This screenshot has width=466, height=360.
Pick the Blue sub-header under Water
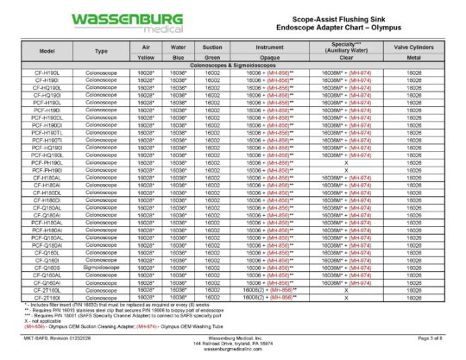[179, 58]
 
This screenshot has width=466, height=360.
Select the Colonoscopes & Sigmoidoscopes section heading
[233, 65]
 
